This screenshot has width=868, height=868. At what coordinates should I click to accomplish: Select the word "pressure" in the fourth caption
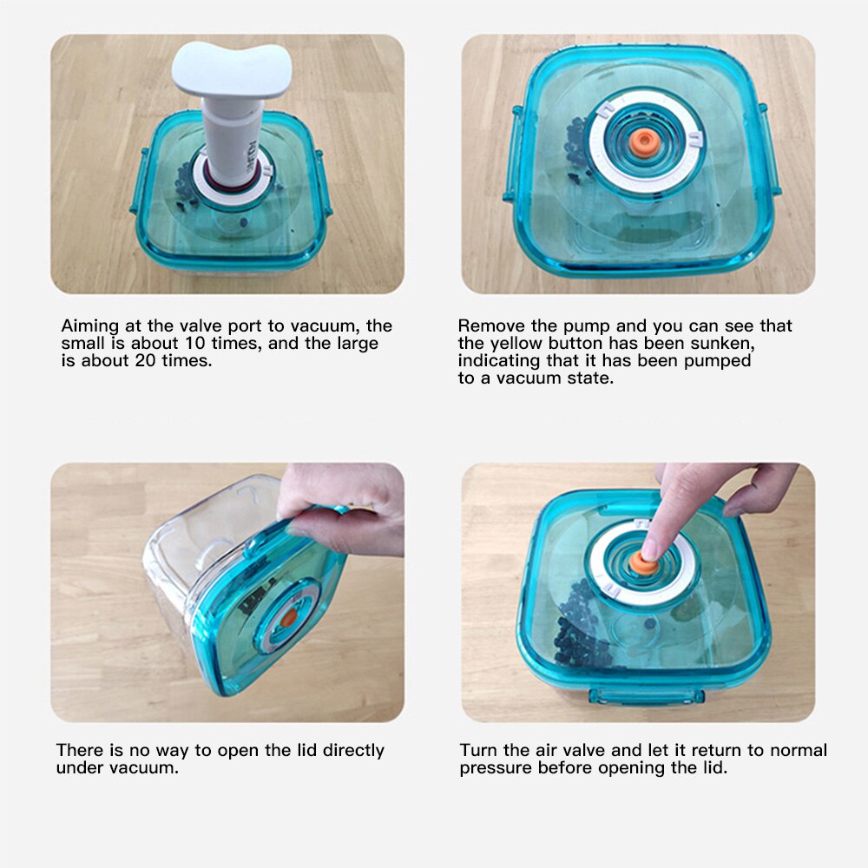(496, 768)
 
